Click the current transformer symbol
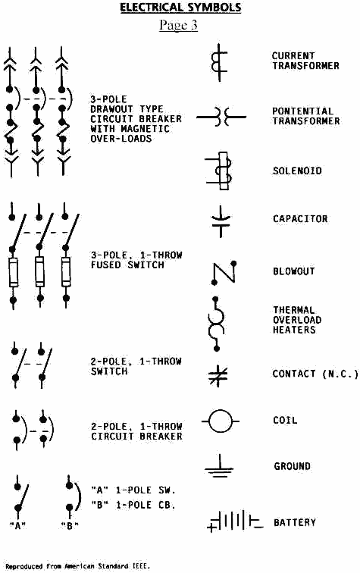pos(219,62)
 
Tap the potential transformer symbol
pos(221,117)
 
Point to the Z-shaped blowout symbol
pos(224,273)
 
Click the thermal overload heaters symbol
pos(216,324)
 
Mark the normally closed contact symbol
pos(218,375)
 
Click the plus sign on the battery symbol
pos(211,528)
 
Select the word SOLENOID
pos(297,171)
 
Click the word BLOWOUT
pos(294,271)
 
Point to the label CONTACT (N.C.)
pos(315,374)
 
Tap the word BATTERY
pos(295,522)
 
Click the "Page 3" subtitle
pos(178,25)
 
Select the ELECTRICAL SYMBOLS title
pos(180,8)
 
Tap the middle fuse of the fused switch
pos(39,271)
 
